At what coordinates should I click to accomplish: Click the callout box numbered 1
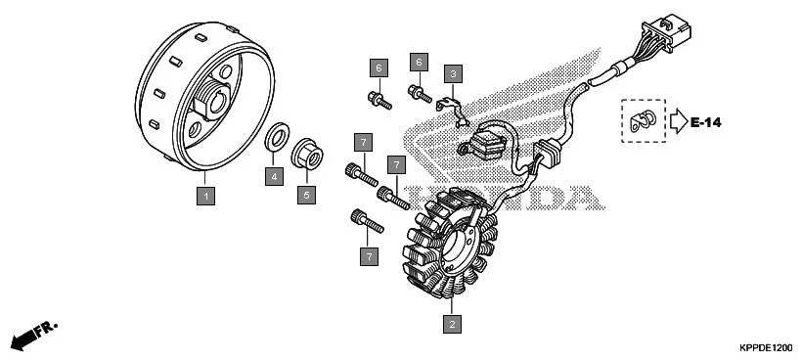point(205,196)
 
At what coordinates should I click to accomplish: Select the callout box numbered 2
point(452,324)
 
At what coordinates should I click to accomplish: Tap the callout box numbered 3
point(453,74)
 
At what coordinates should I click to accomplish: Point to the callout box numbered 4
point(274,176)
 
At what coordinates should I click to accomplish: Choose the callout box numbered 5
point(306,195)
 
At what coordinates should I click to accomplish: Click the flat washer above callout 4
point(277,137)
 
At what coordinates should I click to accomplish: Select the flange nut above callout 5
point(307,154)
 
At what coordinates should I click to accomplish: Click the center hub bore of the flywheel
point(217,104)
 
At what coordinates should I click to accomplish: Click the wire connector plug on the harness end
point(668,32)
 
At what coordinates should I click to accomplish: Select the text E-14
point(705,122)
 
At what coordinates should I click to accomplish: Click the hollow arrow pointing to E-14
point(679,121)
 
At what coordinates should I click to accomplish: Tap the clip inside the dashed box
point(643,120)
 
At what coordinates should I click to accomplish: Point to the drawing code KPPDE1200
point(766,347)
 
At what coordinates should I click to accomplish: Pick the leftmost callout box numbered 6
point(379,68)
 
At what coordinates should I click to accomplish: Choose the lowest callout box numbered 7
point(369,256)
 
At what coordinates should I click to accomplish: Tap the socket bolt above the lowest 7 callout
point(367,221)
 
